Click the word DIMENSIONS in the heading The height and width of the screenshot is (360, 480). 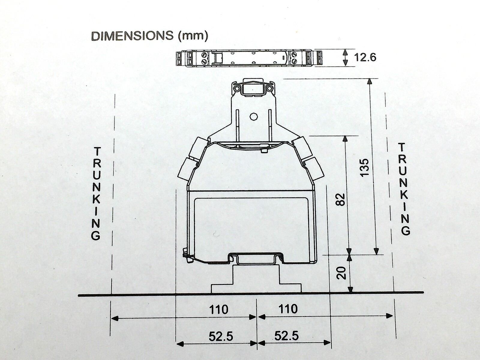[132, 36]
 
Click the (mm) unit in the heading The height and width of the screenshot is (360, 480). [193, 36]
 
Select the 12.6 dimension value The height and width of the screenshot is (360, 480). [365, 57]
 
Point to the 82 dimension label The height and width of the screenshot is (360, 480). [341, 199]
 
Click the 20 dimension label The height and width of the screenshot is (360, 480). [341, 273]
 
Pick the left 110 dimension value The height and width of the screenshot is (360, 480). [219, 309]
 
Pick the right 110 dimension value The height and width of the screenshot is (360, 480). [288, 309]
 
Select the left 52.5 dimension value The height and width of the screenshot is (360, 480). [221, 337]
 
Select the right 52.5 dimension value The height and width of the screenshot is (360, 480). [286, 336]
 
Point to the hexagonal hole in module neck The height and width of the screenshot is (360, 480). [253, 117]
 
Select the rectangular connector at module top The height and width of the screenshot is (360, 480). [253, 89]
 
